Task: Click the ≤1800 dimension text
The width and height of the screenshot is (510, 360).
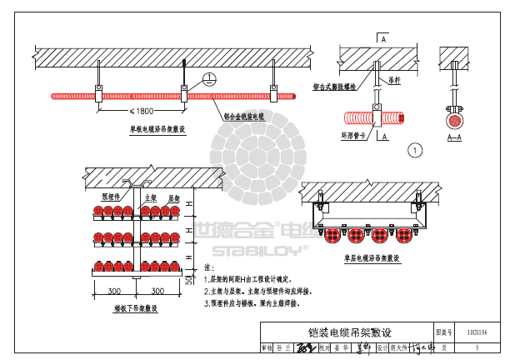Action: [142, 111]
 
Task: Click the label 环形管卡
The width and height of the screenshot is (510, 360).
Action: [354, 133]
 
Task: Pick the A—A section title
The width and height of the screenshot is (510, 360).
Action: [455, 137]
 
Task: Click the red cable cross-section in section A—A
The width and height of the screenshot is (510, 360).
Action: [455, 120]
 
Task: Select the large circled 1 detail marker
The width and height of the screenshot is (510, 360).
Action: [416, 150]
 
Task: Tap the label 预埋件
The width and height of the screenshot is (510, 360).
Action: [112, 198]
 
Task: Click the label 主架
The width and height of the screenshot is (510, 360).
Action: [152, 198]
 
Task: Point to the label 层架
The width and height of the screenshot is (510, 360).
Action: [175, 198]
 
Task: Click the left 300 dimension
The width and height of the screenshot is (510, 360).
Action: [114, 291]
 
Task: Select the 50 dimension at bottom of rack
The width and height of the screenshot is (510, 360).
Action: [189, 281]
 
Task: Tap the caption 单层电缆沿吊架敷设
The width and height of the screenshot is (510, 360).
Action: [372, 258]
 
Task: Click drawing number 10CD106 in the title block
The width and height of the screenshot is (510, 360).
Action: [477, 332]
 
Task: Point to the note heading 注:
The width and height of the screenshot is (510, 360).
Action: [209, 267]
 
